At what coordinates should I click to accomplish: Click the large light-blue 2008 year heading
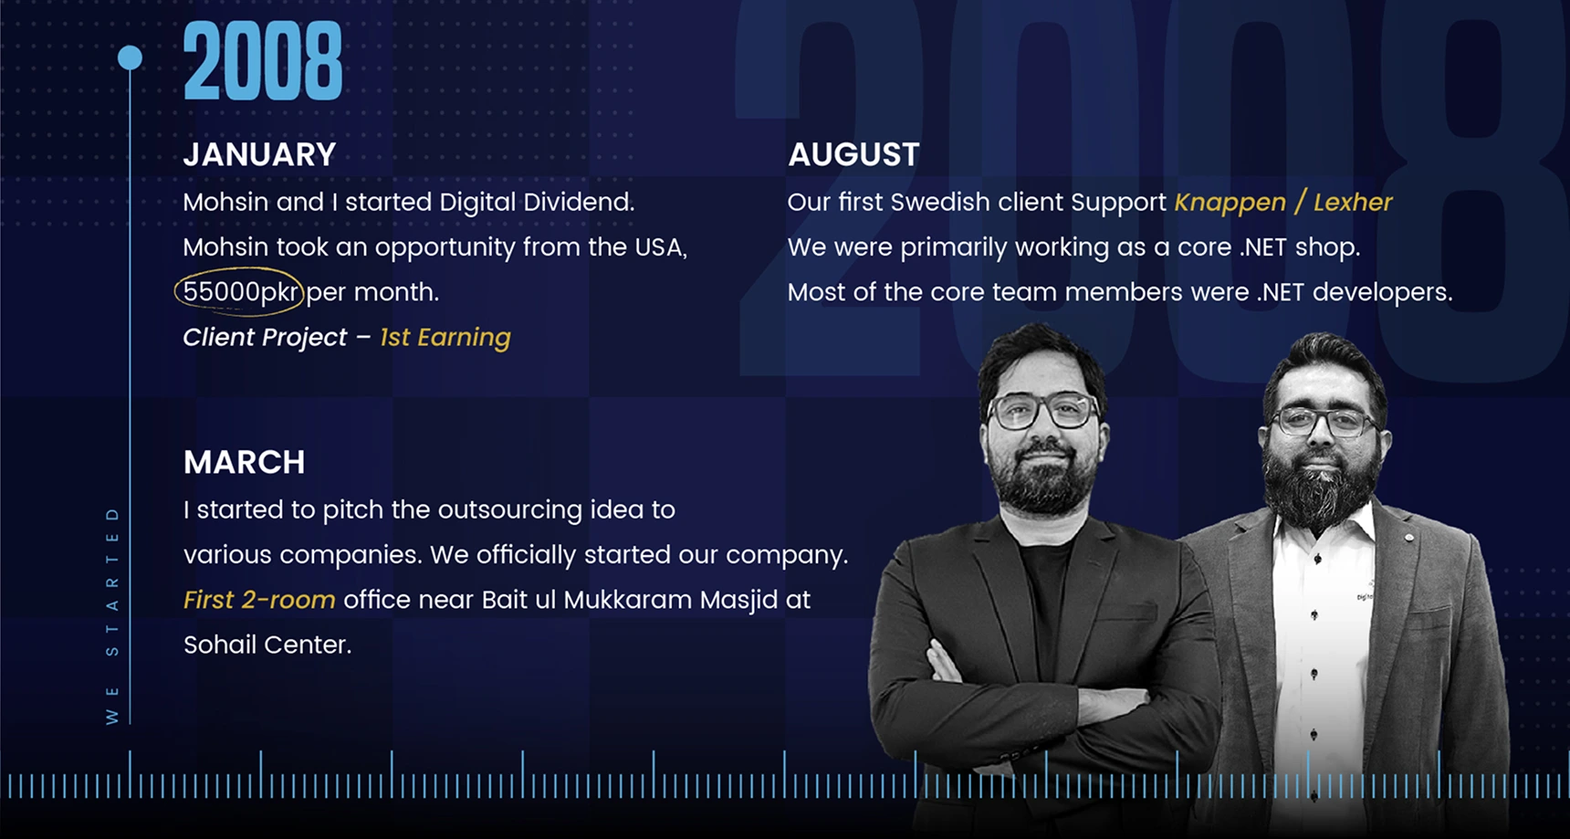tap(263, 61)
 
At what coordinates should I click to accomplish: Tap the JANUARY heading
tap(259, 154)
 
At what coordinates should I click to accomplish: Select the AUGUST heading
tap(853, 154)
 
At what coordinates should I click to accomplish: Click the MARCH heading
tap(244, 462)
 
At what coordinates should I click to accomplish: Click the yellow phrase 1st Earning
tap(445, 338)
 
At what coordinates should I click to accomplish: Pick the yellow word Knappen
tap(1230, 203)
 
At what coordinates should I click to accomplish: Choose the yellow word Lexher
tap(1353, 202)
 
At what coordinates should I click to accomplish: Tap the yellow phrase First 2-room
tap(259, 600)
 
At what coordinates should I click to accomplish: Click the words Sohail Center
tap(267, 645)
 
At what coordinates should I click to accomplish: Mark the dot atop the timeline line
tap(130, 58)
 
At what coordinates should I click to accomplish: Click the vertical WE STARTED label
tap(112, 615)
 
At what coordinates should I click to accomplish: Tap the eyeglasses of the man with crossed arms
tap(1042, 411)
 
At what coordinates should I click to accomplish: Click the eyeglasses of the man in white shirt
tap(1324, 421)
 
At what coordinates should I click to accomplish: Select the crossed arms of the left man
tap(1031, 694)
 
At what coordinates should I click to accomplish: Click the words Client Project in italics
tap(265, 338)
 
